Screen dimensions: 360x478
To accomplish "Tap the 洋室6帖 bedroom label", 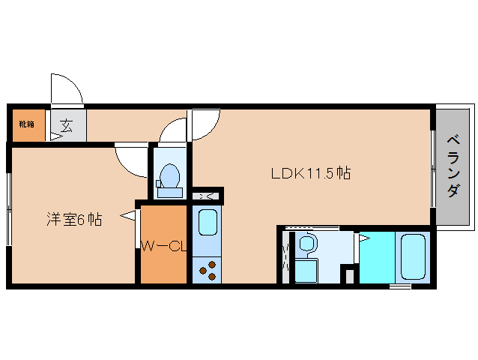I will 74,219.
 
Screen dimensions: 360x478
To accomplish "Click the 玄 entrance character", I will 67,124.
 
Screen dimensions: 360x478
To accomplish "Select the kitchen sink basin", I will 208,223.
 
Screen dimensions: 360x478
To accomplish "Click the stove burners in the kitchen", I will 207,269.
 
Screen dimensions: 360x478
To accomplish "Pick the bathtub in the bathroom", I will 413,257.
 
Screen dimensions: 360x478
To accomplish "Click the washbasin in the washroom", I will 307,243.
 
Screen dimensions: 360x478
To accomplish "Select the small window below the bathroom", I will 400,286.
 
